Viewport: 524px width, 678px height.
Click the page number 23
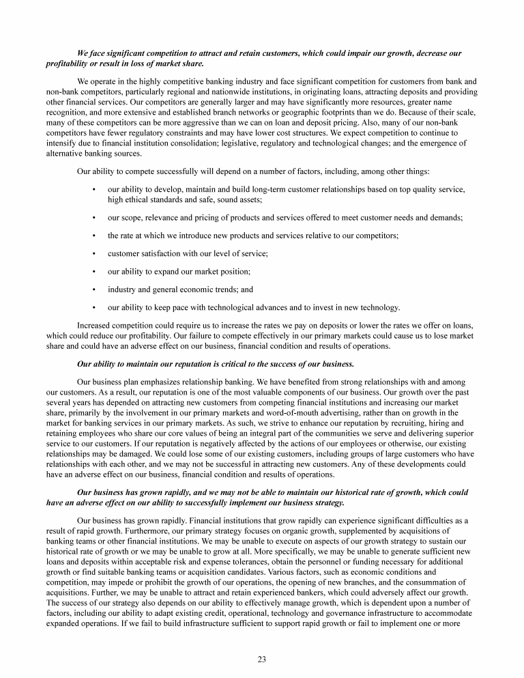click(x=261, y=659)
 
